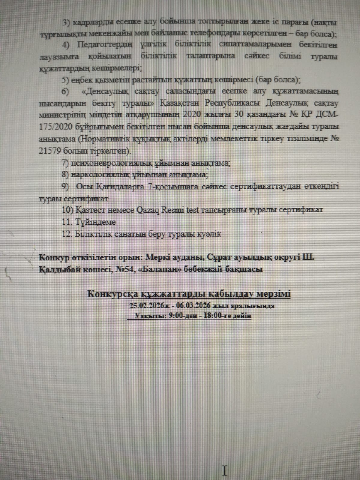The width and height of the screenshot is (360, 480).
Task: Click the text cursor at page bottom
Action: point(224,470)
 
